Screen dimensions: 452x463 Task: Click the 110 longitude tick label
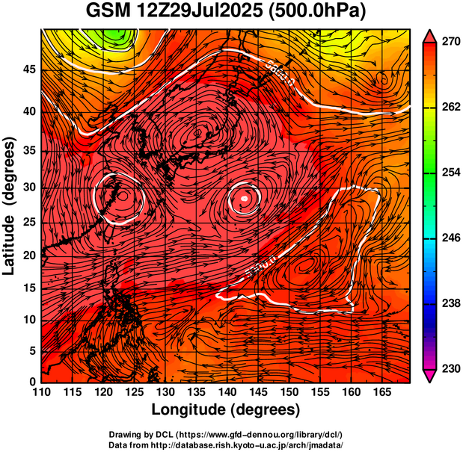41,393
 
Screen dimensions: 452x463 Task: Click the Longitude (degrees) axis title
226,410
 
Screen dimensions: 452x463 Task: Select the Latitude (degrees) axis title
10,206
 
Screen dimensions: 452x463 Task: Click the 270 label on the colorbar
446,43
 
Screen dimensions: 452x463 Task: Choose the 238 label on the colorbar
446,303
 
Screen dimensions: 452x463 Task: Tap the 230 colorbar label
446,368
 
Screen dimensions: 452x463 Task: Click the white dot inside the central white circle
244,199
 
